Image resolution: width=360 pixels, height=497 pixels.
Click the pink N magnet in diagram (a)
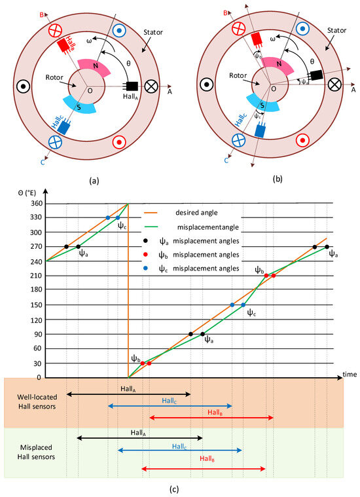[x=96, y=66]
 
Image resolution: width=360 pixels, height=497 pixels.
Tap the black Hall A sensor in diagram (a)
[x=130, y=86]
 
